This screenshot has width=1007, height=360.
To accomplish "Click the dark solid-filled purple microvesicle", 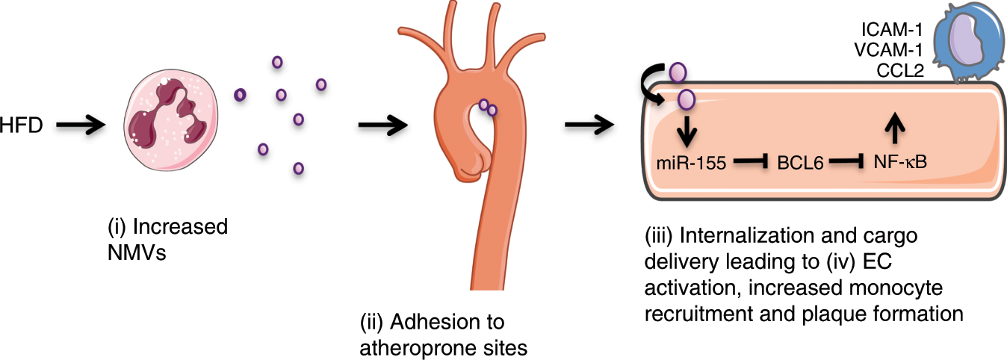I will click(241, 94).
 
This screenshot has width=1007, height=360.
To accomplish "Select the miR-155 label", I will click(686, 161).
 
